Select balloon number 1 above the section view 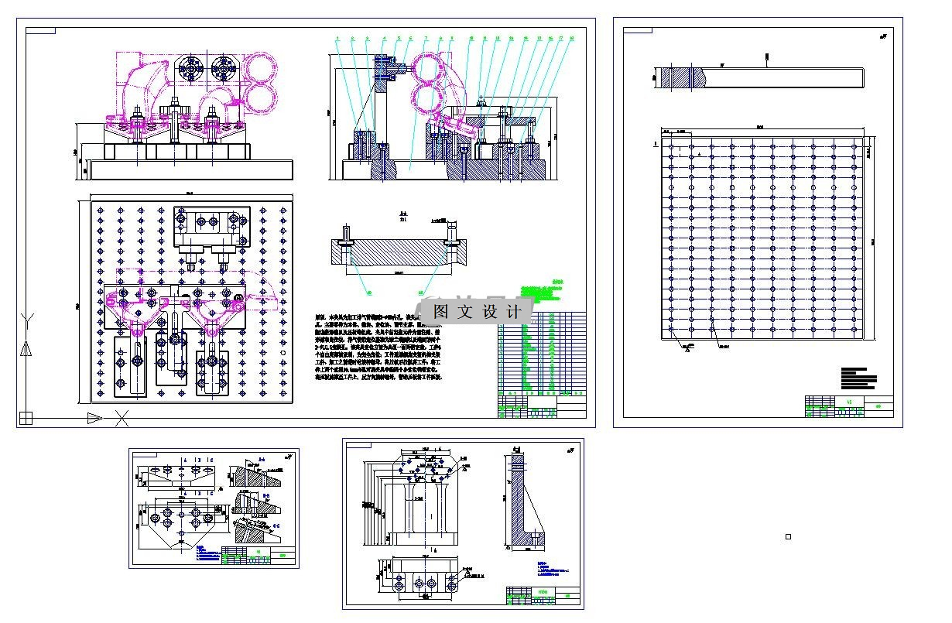(x=337, y=37)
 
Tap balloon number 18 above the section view (x=571, y=37)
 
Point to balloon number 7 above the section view (x=425, y=37)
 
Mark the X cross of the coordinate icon (x=122, y=419)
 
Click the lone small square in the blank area (x=788, y=536)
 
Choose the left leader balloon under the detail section (x=368, y=293)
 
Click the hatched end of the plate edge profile (x=681, y=78)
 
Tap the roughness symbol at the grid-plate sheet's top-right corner (x=882, y=36)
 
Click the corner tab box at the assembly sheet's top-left (x=40, y=31)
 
